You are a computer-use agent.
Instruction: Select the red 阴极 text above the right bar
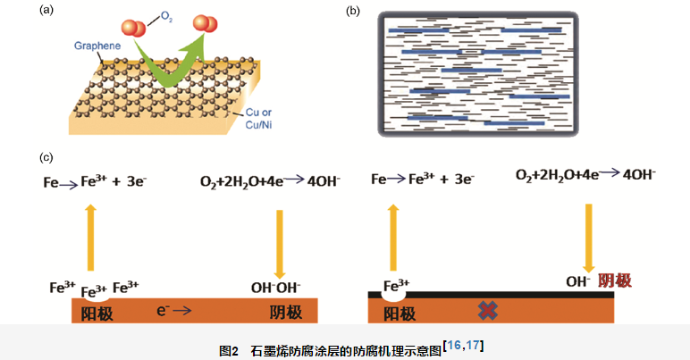pos(614,280)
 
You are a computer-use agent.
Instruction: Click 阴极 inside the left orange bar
pos(286,313)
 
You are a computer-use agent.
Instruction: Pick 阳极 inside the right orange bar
pos(400,313)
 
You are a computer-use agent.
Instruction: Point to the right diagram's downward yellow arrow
pos(588,237)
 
